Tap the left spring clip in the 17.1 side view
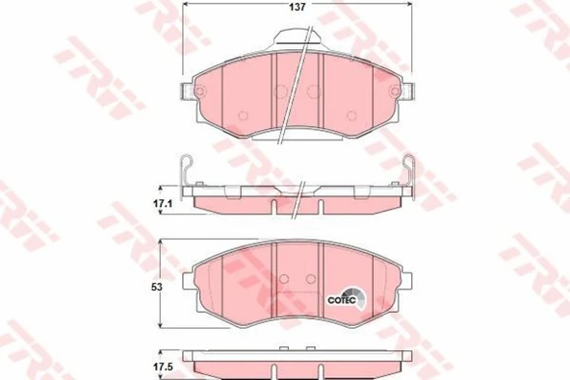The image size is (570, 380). point(190,173)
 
